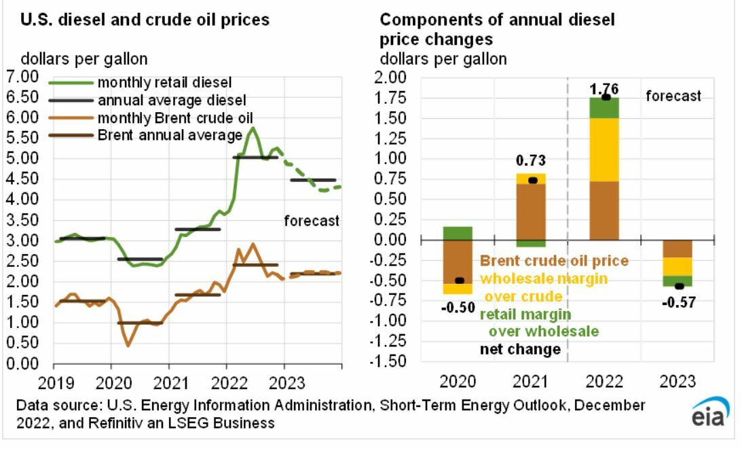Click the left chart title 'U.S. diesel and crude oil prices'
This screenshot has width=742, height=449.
coord(145,20)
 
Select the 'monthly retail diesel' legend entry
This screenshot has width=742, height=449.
coord(164,82)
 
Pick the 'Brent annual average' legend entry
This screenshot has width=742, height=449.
coord(170,135)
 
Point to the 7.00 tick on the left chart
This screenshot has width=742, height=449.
coord(23,77)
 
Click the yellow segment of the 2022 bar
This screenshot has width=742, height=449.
coord(605,149)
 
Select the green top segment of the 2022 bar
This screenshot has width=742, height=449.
coord(605,107)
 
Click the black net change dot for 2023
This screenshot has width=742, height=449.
coord(678,286)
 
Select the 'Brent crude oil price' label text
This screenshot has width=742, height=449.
coord(554,260)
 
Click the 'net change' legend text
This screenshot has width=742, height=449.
coord(520,350)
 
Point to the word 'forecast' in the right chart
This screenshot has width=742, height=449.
coord(673,96)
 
